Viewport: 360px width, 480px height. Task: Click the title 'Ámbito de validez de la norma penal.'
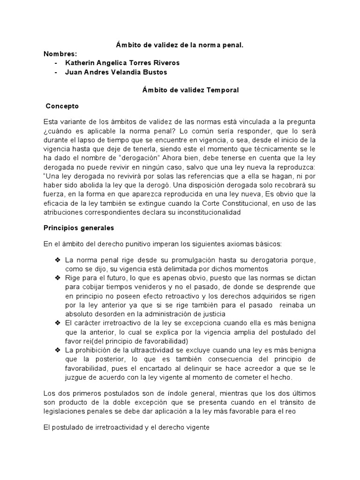pyautogui.click(x=180, y=45)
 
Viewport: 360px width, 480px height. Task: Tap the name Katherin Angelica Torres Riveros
pyautogui.click(x=116, y=63)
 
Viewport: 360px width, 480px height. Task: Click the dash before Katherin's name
pyautogui.click(x=57, y=63)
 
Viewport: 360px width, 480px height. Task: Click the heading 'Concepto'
pyautogui.click(x=62, y=106)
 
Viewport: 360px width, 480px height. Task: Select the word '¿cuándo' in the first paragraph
pyautogui.click(x=58, y=130)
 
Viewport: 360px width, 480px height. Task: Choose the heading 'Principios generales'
pyautogui.click(x=79, y=228)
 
